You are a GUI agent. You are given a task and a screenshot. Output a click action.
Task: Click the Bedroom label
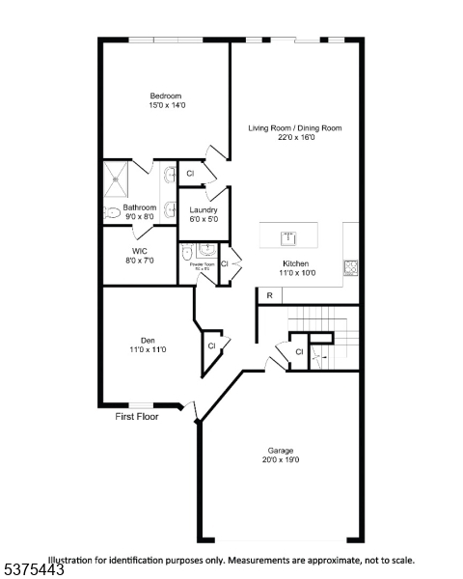166,96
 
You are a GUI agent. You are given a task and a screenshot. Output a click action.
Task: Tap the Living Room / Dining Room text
294,127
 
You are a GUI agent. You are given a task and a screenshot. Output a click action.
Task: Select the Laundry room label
204,209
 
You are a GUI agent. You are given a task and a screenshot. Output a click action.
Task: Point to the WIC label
139,250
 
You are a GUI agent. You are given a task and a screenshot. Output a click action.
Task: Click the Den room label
148,340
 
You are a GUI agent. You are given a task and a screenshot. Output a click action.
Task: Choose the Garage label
281,450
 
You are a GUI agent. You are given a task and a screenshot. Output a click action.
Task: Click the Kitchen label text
295,263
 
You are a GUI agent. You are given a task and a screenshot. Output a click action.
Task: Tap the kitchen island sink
287,237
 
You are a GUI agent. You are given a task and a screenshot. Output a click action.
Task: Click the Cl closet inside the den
210,345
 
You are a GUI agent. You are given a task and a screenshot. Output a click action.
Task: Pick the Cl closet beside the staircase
299,352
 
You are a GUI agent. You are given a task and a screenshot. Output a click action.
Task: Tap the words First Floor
137,417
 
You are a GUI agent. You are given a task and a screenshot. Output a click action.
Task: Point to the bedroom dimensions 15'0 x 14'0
166,106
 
